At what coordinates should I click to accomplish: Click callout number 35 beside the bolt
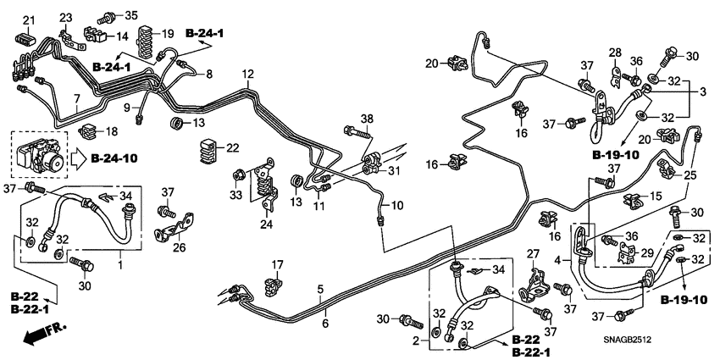tap(130, 15)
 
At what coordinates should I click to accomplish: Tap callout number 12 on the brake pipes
tap(246, 75)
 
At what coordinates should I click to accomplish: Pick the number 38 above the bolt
tap(366, 118)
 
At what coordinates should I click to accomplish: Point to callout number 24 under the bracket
tap(266, 224)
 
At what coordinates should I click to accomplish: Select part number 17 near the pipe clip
tap(277, 265)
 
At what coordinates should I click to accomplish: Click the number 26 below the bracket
tap(178, 247)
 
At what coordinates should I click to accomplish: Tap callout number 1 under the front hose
tap(120, 265)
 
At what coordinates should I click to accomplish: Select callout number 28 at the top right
tap(615, 53)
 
